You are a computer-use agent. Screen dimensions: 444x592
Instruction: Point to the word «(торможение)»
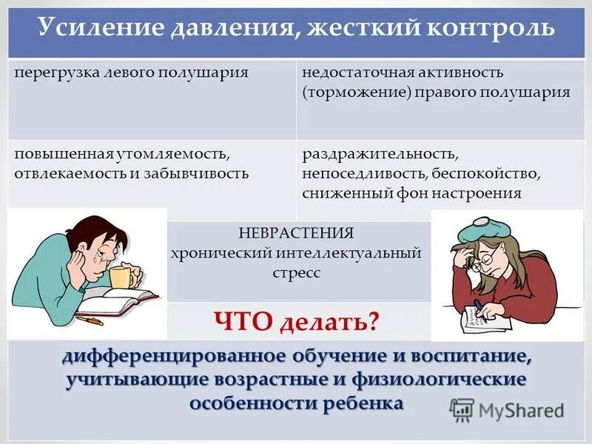[x=346, y=92]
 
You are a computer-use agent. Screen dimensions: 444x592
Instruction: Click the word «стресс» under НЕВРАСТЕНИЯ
[x=296, y=273]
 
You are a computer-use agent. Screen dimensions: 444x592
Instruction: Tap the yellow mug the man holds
[x=121, y=277]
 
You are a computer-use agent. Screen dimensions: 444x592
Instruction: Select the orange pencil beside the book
[x=90, y=320]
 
